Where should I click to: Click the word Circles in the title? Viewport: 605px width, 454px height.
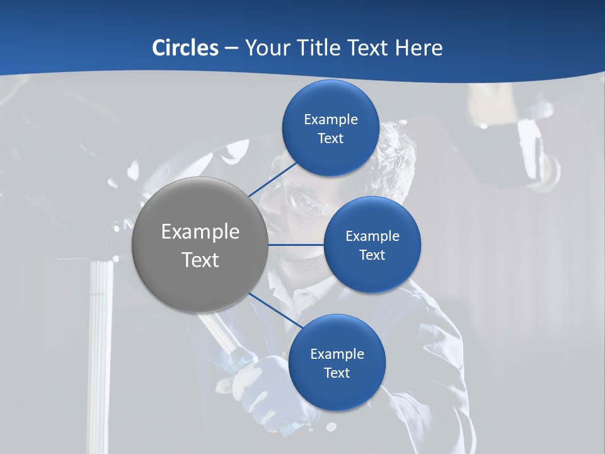185,47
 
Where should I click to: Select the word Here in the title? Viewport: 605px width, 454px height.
418,47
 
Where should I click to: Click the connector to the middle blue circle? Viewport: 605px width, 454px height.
296,245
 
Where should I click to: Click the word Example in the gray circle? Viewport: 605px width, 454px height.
200,232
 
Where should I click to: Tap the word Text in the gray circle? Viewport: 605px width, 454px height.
200,260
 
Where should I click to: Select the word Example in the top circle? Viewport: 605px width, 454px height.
330,120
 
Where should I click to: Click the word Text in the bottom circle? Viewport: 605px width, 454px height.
337,373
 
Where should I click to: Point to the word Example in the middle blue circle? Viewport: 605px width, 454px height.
372,236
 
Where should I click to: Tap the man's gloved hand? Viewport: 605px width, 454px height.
265,385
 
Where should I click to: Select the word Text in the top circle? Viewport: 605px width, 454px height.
330,139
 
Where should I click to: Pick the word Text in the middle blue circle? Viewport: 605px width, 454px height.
372,255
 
